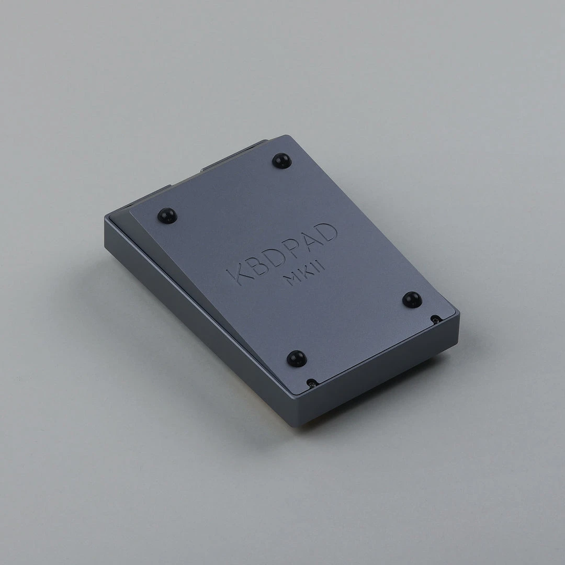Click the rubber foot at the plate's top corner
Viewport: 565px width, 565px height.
pos(281,160)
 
